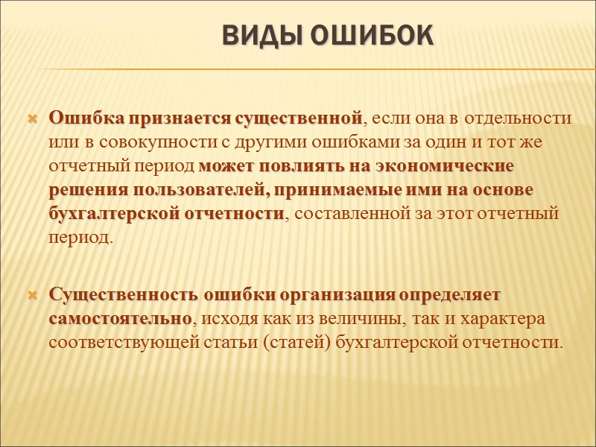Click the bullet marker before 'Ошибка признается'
[32, 118]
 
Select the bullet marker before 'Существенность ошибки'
[32, 296]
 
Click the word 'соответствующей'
[115, 343]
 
